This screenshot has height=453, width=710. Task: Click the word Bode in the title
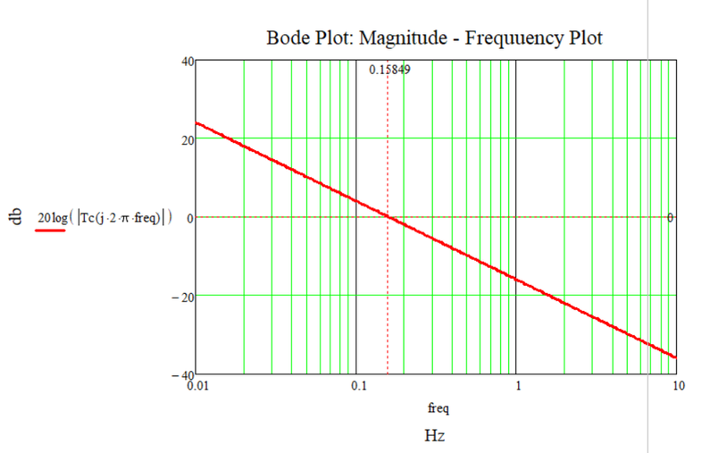(x=285, y=38)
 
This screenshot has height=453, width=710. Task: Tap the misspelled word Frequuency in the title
(x=504, y=38)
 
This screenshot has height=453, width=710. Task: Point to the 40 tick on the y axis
(x=187, y=61)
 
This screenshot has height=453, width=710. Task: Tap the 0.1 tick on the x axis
(x=357, y=388)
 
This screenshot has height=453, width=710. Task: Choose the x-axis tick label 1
(x=518, y=388)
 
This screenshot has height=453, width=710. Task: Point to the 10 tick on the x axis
(x=678, y=388)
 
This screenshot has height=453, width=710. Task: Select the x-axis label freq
(x=437, y=410)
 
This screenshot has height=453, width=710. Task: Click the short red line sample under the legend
(x=50, y=230)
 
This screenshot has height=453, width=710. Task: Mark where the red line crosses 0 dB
(x=388, y=217)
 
